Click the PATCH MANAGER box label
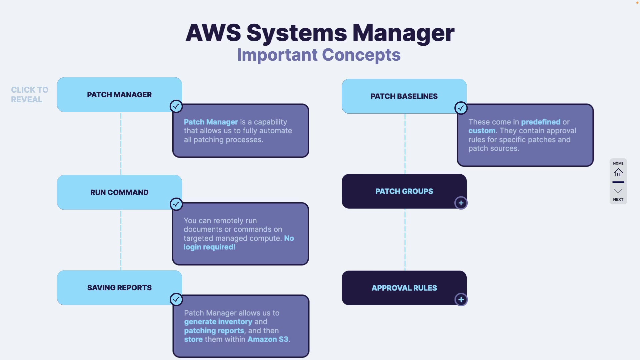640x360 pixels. click(119, 95)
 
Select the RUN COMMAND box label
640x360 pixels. click(119, 193)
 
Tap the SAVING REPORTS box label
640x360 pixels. click(119, 288)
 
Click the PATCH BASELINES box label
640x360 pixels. click(404, 96)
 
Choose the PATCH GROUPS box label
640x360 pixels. click(404, 191)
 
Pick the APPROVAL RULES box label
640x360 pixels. click(404, 288)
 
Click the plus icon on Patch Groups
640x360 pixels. click(461, 203)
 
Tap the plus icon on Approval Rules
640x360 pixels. click(461, 300)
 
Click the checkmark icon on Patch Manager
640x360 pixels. click(176, 106)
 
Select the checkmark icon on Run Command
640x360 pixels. click(176, 204)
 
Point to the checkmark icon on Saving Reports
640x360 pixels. click(176, 299)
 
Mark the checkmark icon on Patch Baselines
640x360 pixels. click(461, 108)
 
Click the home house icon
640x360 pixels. click(618, 172)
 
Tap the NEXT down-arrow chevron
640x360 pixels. click(618, 191)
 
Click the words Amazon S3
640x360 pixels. click(268, 339)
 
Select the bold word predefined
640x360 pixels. click(540, 122)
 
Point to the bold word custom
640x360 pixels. click(482, 131)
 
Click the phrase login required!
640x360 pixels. click(209, 247)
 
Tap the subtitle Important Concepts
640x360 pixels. click(319, 55)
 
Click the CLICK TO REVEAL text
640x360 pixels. click(29, 95)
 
